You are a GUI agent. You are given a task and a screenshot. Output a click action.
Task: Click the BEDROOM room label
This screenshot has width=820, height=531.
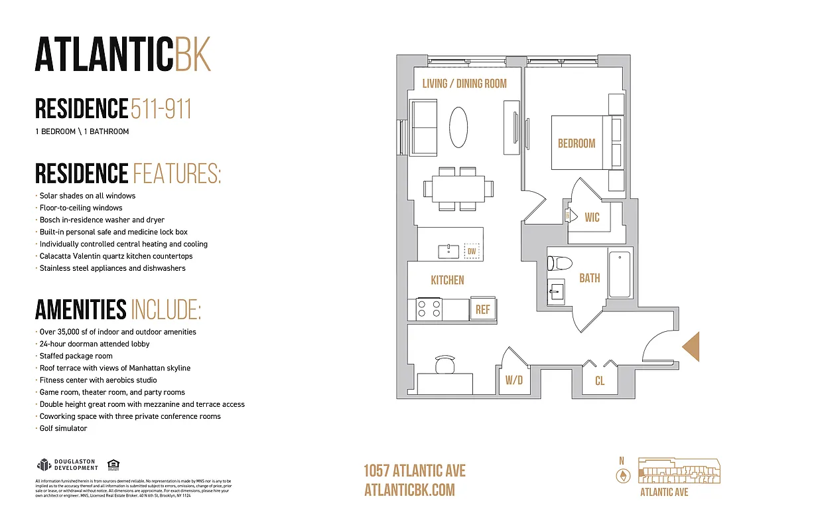pyautogui.click(x=576, y=143)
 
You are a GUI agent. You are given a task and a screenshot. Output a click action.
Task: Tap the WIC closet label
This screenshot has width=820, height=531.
pyautogui.click(x=592, y=217)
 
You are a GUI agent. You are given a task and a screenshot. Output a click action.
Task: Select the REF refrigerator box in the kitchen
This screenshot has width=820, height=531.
pyautogui.click(x=482, y=310)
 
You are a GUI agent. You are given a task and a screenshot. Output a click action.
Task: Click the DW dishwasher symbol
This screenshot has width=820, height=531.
pyautogui.click(x=472, y=251)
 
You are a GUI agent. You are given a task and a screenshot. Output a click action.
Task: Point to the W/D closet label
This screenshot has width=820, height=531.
pyautogui.click(x=514, y=381)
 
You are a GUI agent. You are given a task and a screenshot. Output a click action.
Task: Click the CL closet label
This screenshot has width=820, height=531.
pyautogui.click(x=599, y=381)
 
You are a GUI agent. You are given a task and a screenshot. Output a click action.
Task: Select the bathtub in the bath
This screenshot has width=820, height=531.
pyautogui.click(x=621, y=273)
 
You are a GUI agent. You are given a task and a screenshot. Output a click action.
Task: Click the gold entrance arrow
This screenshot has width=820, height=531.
pyautogui.click(x=691, y=346)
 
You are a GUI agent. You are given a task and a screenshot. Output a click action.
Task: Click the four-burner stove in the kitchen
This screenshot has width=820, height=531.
pyautogui.click(x=429, y=309)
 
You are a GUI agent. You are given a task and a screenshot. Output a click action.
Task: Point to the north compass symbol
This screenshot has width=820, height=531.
pyautogui.click(x=622, y=475)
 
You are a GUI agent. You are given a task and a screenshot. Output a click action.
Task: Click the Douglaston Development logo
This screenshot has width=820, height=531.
pyautogui.click(x=67, y=465)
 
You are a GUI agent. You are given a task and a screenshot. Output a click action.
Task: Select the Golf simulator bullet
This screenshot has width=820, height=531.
pyautogui.click(x=63, y=429)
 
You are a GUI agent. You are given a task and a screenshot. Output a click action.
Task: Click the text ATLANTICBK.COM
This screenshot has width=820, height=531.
pyautogui.click(x=409, y=490)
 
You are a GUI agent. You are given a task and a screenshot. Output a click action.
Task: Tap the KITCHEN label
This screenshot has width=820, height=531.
pyautogui.click(x=447, y=280)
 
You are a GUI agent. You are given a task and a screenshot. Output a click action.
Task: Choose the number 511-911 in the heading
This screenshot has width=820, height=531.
pyautogui.click(x=161, y=109)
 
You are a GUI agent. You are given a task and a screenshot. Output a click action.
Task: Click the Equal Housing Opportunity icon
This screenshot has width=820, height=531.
pyautogui.click(x=113, y=465)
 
